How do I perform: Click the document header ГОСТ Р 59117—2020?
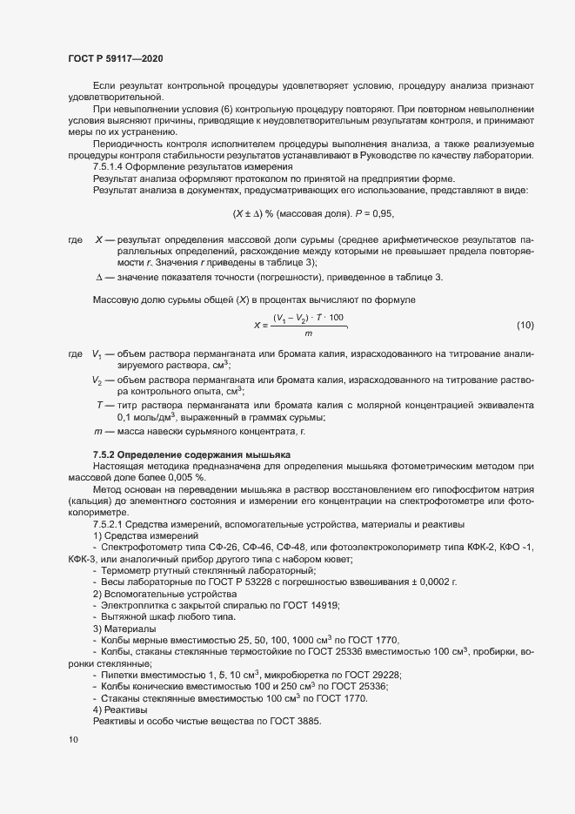click(x=115, y=58)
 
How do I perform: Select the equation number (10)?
click(x=525, y=326)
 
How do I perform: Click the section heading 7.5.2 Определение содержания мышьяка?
click(x=192, y=455)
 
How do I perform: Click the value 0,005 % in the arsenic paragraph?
click(x=186, y=478)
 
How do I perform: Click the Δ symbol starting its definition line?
click(x=98, y=277)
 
